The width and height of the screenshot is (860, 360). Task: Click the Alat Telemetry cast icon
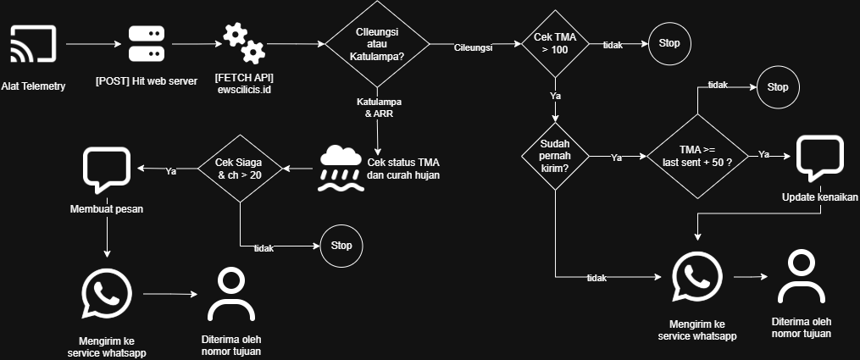coord(33,44)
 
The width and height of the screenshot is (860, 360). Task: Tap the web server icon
coord(146,44)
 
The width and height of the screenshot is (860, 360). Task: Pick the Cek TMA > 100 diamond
coord(555,44)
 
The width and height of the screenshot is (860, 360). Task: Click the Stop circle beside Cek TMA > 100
coord(669,44)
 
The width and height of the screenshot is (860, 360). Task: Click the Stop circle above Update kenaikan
coord(777,87)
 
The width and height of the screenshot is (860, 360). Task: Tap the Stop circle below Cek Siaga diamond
coord(341,246)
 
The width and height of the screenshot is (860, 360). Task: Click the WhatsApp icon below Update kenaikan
coord(696,277)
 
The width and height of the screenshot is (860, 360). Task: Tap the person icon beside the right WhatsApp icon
coord(802,277)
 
